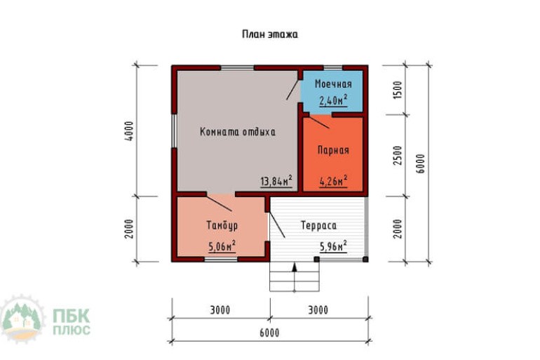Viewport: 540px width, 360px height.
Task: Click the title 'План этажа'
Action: pyautogui.click(x=270, y=34)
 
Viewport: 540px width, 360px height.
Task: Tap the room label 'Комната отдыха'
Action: pyautogui.click(x=238, y=132)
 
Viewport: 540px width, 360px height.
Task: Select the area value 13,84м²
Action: pyautogui.click(x=276, y=180)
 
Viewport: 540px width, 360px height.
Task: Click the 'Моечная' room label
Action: pyautogui.click(x=333, y=84)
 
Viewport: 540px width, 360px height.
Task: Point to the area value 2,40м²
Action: pyautogui.click(x=333, y=100)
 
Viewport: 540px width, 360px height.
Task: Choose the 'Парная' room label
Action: pyautogui.click(x=333, y=150)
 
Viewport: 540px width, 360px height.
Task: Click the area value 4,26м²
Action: pyautogui.click(x=333, y=181)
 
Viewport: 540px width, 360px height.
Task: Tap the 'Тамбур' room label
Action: pyautogui.click(x=222, y=226)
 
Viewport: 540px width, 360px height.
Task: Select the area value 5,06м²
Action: pyautogui.click(x=222, y=246)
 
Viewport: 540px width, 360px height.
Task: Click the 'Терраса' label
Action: pyautogui.click(x=319, y=226)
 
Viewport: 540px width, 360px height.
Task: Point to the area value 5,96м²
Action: pyautogui.click(x=333, y=246)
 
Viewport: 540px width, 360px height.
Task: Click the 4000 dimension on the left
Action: pyautogui.click(x=129, y=131)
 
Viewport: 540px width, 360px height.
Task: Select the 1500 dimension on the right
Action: pyautogui.click(x=398, y=90)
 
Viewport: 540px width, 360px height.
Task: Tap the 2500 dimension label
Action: pyautogui.click(x=398, y=155)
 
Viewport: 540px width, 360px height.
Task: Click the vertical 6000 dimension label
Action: pyautogui.click(x=421, y=164)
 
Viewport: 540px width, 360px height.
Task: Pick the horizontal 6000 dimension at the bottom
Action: pyautogui.click(x=270, y=333)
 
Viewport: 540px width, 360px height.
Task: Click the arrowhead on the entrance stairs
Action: pyautogui.click(x=295, y=267)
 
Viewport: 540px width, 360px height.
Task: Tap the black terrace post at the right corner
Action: pyautogui.click(x=365, y=259)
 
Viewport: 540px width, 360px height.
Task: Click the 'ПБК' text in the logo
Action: pyautogui.click(x=72, y=316)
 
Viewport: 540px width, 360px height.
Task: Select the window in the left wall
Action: pyautogui.click(x=175, y=131)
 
